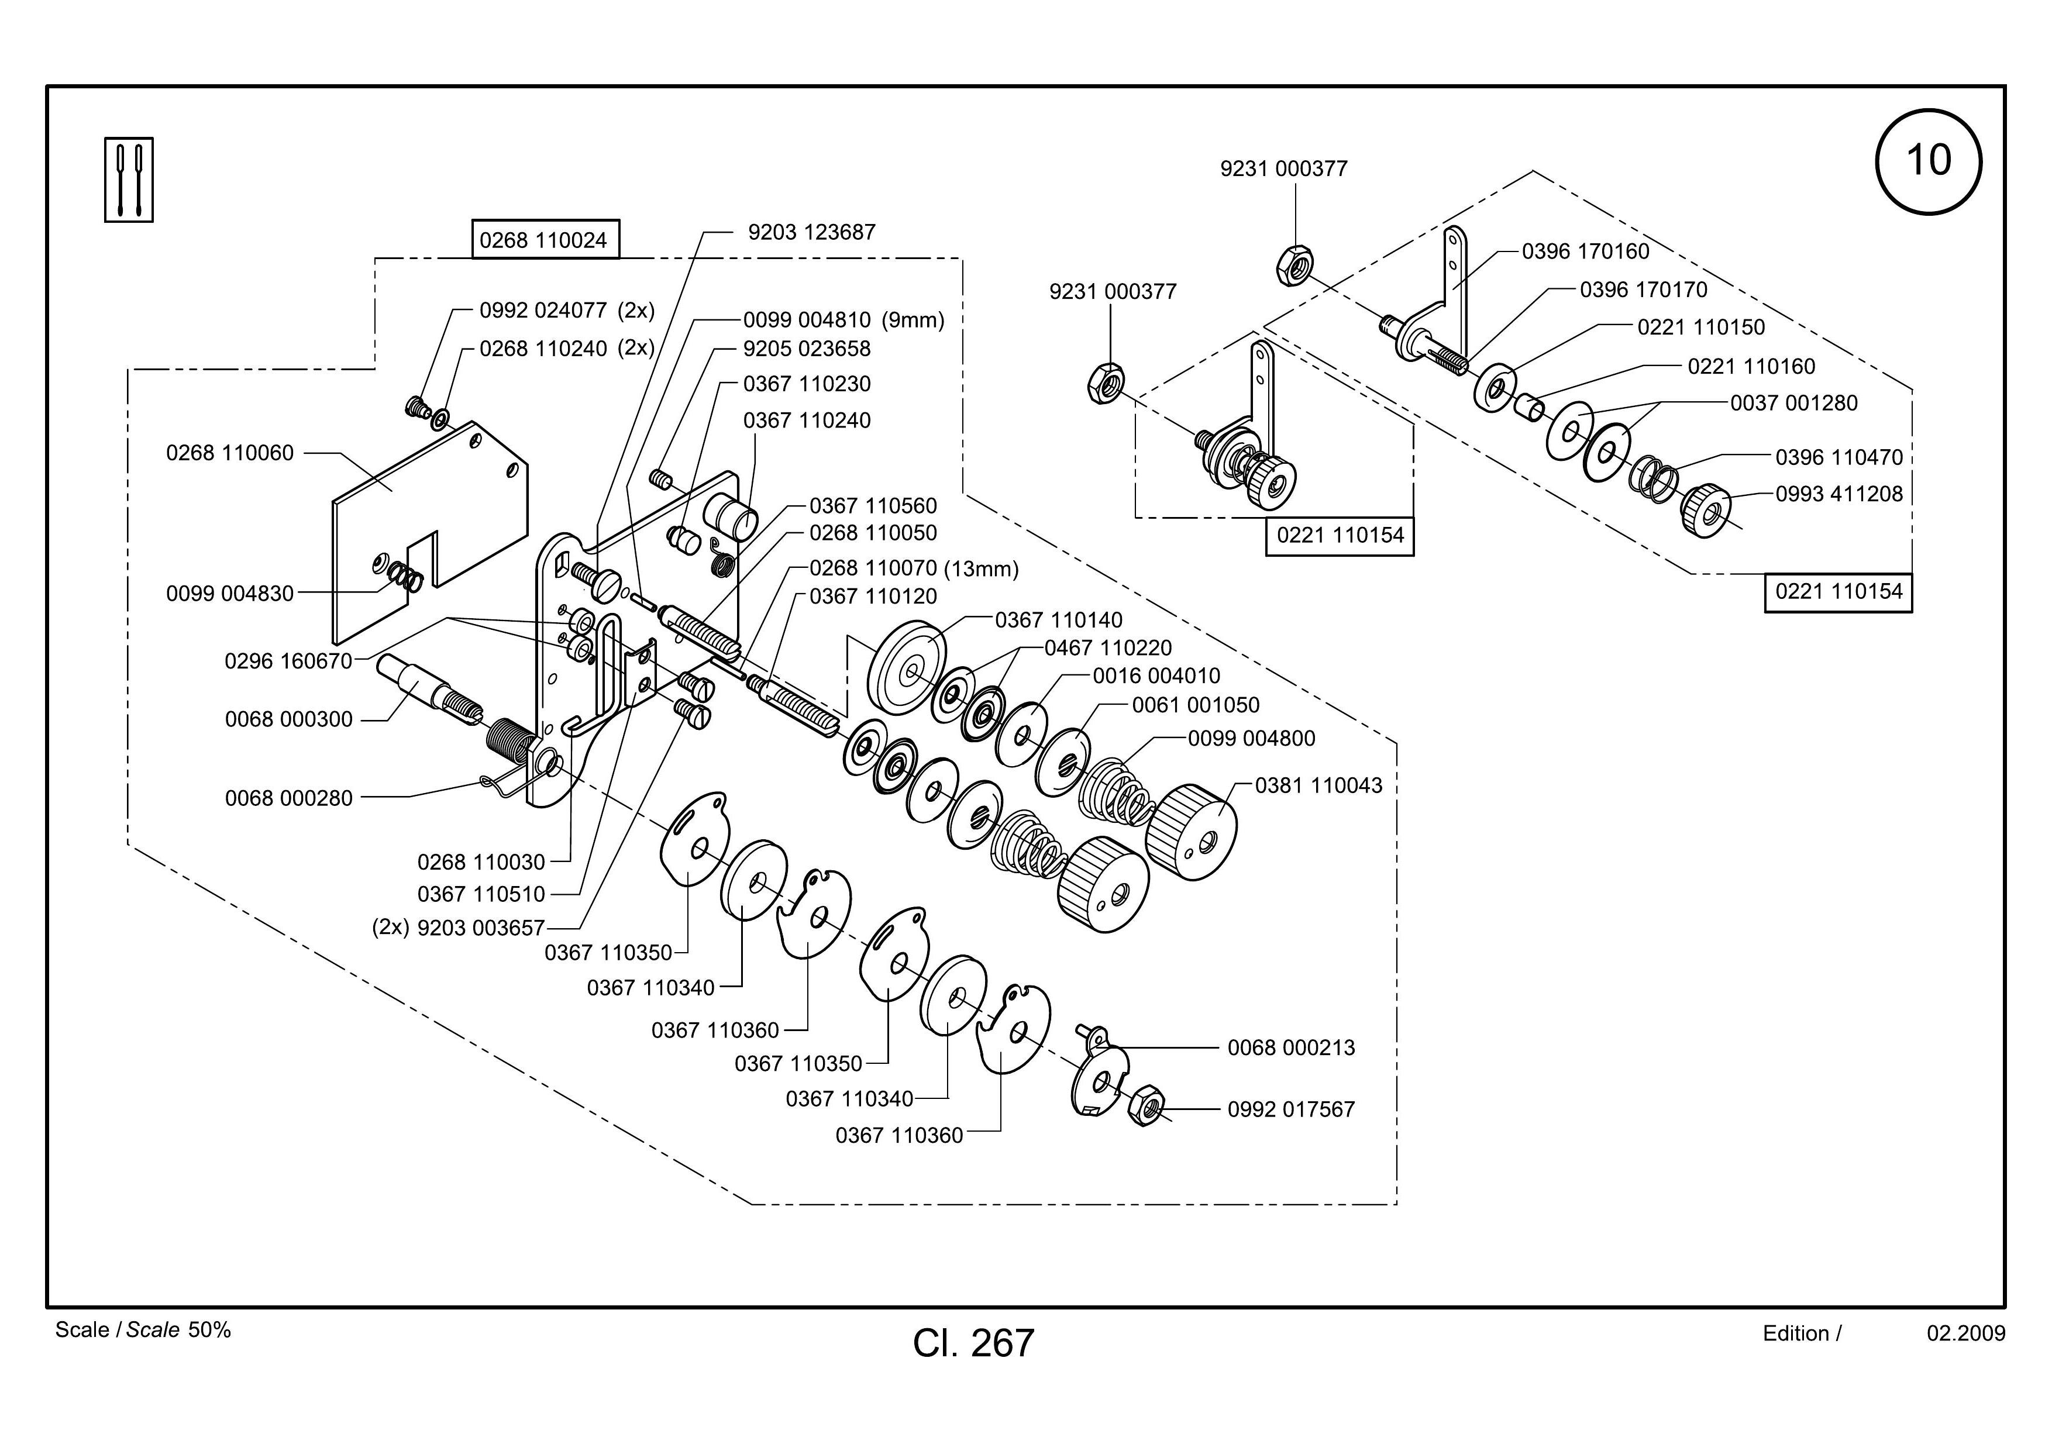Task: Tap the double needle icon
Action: tap(129, 180)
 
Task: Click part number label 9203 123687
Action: tap(811, 232)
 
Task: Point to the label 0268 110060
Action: tap(230, 453)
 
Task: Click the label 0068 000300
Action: tap(289, 719)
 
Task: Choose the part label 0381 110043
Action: tap(1318, 785)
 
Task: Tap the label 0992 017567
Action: tap(1290, 1109)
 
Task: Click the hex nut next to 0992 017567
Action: tap(1145, 1105)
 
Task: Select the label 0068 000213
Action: tap(1290, 1047)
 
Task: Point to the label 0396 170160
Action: tap(1585, 251)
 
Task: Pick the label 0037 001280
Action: tap(1793, 403)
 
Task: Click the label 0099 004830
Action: tap(230, 593)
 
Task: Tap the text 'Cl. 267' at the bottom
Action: tap(973, 1343)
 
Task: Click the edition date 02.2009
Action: tap(1966, 1333)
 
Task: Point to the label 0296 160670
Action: tap(289, 661)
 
